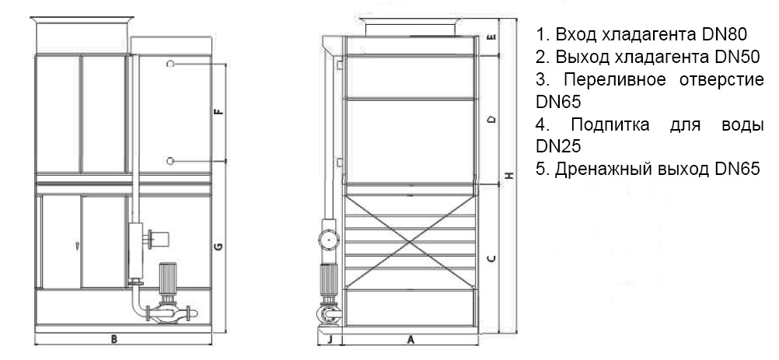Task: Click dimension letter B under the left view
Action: pos(114,340)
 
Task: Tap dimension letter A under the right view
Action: pos(410,340)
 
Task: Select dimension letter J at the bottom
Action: pos(329,340)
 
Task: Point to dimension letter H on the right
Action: pos(508,175)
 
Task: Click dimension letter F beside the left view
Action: pos(218,112)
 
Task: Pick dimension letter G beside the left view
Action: pos(218,246)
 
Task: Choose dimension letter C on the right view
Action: pos(491,258)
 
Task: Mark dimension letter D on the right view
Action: pos(491,120)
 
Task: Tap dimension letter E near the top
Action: pos(491,37)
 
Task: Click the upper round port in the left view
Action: pos(170,64)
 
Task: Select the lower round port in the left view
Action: pos(170,161)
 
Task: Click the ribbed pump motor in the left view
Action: pos(166,280)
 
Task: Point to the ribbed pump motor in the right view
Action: pos(328,280)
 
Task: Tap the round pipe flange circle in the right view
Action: pos(328,240)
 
